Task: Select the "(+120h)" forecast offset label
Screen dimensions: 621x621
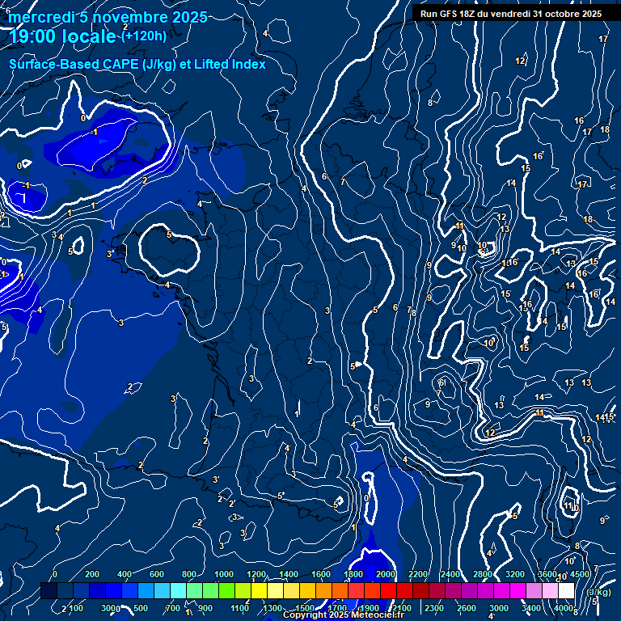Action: tap(144, 36)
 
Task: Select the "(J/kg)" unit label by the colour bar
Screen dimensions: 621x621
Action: tap(598, 593)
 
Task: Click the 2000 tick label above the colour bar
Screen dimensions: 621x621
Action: tap(386, 574)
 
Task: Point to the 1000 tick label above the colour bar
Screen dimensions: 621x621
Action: tap(224, 574)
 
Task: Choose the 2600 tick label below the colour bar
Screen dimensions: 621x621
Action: tap(467, 608)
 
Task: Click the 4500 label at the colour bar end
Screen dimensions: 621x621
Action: tap(580, 574)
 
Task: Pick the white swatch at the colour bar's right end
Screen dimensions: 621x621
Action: tap(566, 591)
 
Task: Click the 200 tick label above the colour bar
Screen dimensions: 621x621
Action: tap(92, 574)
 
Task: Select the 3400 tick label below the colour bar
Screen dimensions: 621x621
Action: tap(531, 608)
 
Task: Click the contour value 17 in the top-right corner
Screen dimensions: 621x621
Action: tap(603, 39)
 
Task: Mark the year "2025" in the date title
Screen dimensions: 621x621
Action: tap(189, 17)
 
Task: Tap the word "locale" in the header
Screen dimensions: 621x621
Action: tap(91, 36)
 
